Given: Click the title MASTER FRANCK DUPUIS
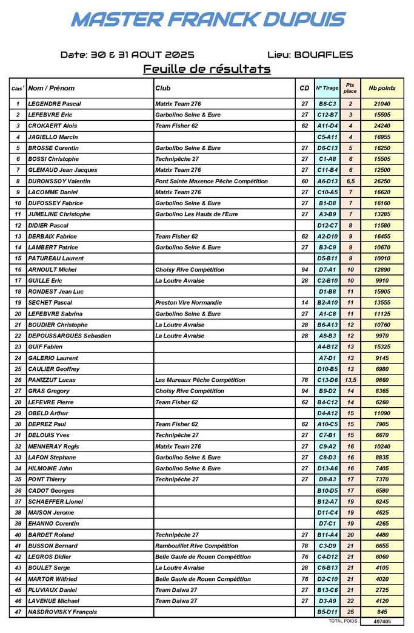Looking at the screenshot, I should pos(208,19).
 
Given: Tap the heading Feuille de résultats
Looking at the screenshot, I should pos(207,69).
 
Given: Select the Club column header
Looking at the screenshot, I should pos(163,88).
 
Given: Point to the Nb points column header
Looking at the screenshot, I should pos(382,88).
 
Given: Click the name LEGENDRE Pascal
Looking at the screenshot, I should pos(55,104).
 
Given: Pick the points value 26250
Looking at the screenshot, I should pos(382,181).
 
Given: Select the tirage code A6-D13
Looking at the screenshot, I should pos(327,181).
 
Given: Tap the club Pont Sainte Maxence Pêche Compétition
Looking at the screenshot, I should pos(211,181).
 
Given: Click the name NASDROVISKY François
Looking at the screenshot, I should pos(62,612).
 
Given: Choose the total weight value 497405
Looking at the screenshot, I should pos(382,621).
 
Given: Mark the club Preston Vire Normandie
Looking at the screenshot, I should pos(189,302).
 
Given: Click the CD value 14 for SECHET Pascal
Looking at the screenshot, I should pos(305,302).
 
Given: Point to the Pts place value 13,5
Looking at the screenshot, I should pos(350,380).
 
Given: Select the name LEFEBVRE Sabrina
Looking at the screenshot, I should pos(56,314).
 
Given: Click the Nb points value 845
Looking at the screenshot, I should pos(382,612).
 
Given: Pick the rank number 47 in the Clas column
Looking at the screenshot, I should pos(18,612).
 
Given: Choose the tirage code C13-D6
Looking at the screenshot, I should pos(327,380).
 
